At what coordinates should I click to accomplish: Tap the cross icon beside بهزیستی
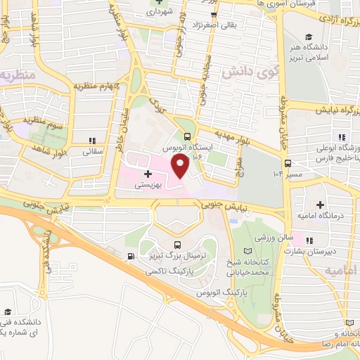(x=148, y=173)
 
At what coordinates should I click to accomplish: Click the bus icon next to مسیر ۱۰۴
(x=288, y=165)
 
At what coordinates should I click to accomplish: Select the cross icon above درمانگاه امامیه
(x=321, y=205)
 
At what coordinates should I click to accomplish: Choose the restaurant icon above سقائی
(x=93, y=141)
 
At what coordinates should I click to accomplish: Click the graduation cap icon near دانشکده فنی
(x=8, y=312)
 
